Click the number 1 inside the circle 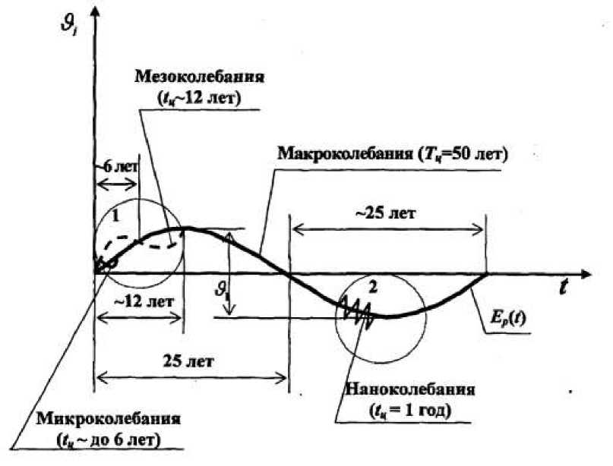click(x=115, y=216)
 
